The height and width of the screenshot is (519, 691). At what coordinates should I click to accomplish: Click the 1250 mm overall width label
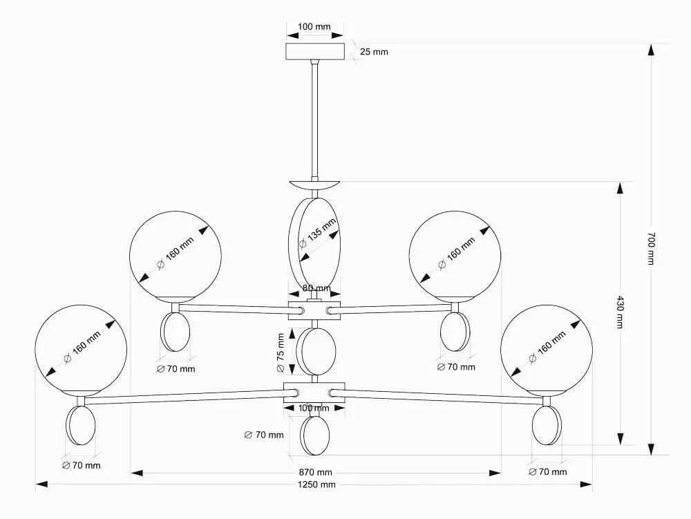coord(316,484)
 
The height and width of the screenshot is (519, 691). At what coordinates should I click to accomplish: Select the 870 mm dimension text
coord(316,472)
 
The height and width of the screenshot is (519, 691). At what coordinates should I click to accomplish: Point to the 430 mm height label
coord(620,312)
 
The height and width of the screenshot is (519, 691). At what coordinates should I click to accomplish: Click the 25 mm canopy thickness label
coord(374,52)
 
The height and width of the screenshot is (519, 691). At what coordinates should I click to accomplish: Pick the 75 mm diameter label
coord(281,353)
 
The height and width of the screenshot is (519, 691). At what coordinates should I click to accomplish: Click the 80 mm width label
coord(316,288)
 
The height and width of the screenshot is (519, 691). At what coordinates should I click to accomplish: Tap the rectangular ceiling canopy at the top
coord(314,52)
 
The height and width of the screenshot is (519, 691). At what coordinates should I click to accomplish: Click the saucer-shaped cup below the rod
coord(314,184)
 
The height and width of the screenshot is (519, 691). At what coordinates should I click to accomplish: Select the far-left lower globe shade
coord(81,350)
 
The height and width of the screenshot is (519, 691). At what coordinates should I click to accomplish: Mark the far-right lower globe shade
coord(547,350)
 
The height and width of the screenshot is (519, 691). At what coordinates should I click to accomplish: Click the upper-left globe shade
coord(176,257)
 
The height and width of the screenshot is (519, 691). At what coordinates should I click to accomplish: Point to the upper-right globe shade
coord(455,257)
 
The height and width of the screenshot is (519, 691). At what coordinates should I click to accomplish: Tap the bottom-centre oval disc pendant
coord(314,435)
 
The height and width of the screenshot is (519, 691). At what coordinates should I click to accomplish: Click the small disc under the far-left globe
coord(81,426)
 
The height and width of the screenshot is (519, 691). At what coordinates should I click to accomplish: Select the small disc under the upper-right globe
coord(455,332)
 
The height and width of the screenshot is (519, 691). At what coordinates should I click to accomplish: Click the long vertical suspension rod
coord(314,120)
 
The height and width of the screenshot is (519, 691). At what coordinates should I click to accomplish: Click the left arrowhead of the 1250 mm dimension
coord(41,484)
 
